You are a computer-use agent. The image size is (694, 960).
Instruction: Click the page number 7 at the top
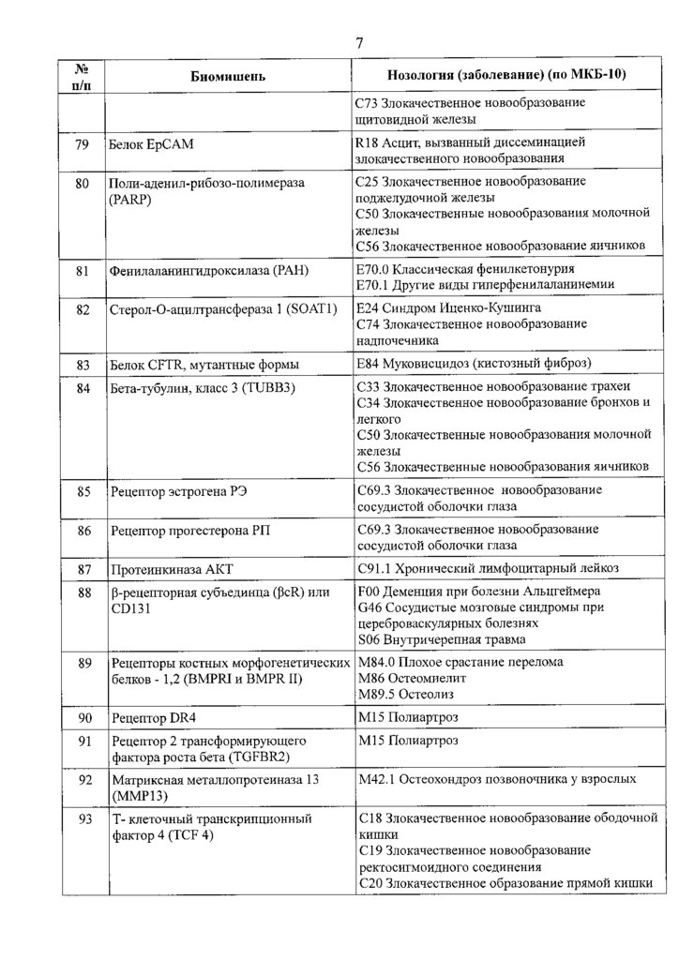tap(358, 42)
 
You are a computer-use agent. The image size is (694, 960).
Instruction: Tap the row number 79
tap(83, 144)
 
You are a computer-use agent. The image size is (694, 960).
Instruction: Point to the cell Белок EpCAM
tap(153, 144)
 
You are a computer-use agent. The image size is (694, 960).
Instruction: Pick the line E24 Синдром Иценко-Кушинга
tap(449, 307)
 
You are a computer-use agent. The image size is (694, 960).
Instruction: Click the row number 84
tap(83, 388)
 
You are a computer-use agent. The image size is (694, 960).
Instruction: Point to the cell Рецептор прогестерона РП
tap(190, 532)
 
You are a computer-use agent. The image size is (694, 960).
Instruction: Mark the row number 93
tap(83, 820)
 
